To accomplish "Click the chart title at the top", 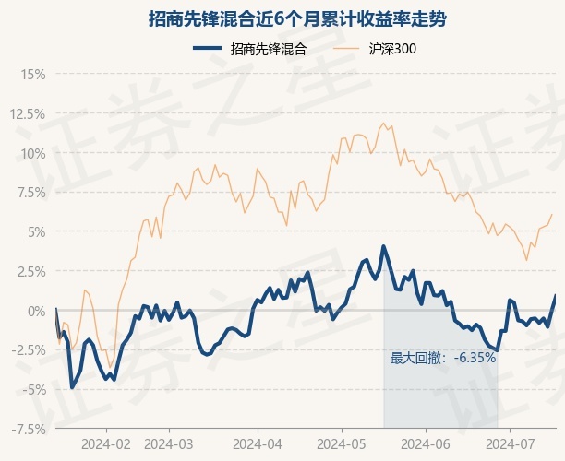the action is [x=297, y=19].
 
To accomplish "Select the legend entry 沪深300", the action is [x=392, y=49].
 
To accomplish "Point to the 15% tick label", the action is [x=33, y=75].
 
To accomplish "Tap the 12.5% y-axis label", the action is [x=28, y=114].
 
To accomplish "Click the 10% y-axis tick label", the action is [x=33, y=154].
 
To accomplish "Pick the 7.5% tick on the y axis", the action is [x=30, y=193].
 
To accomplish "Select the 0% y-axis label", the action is [x=37, y=311].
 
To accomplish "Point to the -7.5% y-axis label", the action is [x=29, y=430].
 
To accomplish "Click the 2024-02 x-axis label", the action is [x=106, y=444].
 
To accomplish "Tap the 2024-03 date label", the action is [x=169, y=444].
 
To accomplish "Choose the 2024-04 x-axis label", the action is [x=258, y=444].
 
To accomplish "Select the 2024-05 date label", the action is [x=342, y=444].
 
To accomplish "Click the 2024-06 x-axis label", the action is [x=426, y=444].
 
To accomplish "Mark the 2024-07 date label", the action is [x=510, y=444].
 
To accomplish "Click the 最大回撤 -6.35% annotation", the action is [x=443, y=358].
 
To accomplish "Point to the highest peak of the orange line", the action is [x=383, y=123].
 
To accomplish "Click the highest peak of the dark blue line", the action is [x=383, y=246].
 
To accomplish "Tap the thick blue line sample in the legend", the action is [x=207, y=48].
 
